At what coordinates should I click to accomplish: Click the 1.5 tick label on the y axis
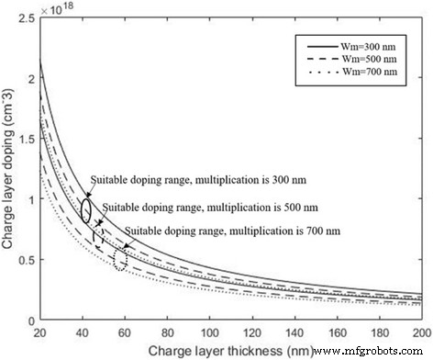click(26, 138)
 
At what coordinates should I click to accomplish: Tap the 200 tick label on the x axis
click(420, 328)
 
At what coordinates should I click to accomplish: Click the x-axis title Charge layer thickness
click(229, 346)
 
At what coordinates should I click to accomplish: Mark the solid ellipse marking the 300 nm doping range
click(85, 209)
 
